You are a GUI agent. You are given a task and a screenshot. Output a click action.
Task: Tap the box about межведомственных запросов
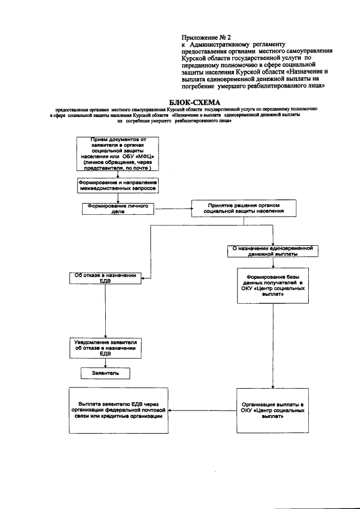pos(118,186)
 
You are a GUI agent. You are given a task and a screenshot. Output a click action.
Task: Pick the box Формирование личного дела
pos(118,209)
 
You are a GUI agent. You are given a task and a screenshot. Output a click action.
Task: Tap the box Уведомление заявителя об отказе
pos(105,348)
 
